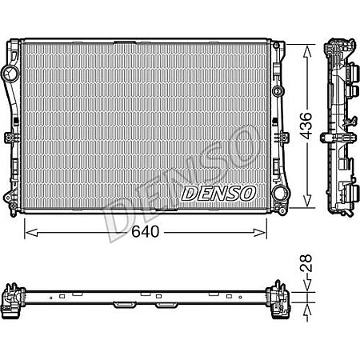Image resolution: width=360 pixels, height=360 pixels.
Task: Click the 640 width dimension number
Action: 146,232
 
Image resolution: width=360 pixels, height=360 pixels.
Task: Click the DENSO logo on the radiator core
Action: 218,193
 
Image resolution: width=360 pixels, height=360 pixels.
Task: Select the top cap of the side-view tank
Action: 339,44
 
